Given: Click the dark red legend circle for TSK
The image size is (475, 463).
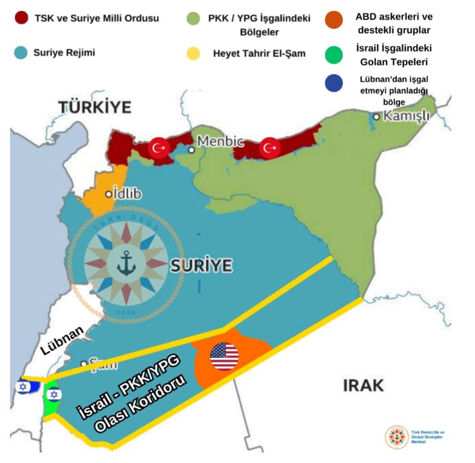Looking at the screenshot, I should pyautogui.click(x=21, y=18).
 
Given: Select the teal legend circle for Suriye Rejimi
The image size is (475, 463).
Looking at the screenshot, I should pyautogui.click(x=21, y=53).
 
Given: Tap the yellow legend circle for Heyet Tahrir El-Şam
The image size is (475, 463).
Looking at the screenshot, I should pyautogui.click(x=193, y=54).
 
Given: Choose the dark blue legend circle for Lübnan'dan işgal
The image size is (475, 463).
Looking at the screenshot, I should pyautogui.click(x=334, y=84).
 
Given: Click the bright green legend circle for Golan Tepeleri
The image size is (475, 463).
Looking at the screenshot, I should pyautogui.click(x=334, y=54).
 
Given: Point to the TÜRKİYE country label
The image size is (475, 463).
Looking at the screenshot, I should pyautogui.click(x=95, y=107).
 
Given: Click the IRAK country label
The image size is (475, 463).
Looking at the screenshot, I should pyautogui.click(x=363, y=386).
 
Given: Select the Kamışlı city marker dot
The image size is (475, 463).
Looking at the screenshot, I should pyautogui.click(x=376, y=117).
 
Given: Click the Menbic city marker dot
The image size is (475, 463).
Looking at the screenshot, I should pyautogui.click(x=191, y=150).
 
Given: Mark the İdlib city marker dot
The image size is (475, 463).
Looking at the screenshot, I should pyautogui.click(x=108, y=194).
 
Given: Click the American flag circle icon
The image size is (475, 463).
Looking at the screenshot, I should pyautogui.click(x=224, y=356).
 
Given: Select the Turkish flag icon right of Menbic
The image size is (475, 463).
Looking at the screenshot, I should pyautogui.click(x=270, y=148).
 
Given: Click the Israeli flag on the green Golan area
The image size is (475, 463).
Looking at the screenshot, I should pyautogui.click(x=54, y=394).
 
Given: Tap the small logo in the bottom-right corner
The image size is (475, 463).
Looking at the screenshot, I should pyautogui.click(x=397, y=437).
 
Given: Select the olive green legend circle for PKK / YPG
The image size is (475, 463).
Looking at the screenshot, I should pyautogui.click(x=193, y=19).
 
